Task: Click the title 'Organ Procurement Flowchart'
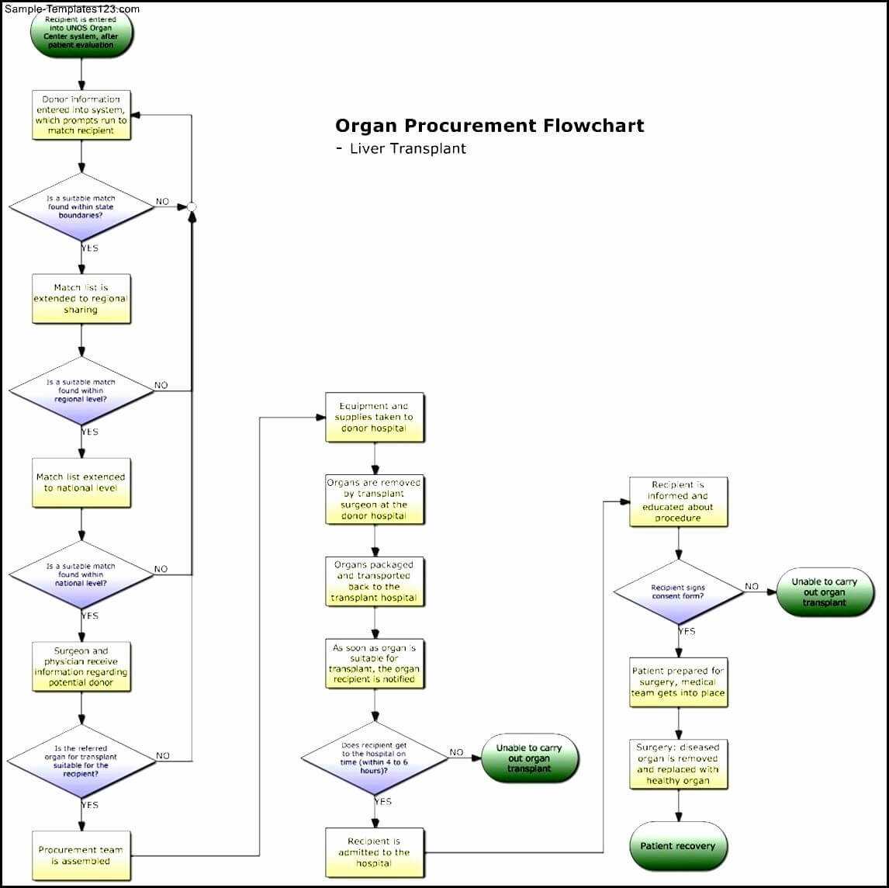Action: tap(489, 126)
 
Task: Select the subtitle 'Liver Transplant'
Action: tap(407, 148)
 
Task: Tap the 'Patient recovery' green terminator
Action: tap(678, 846)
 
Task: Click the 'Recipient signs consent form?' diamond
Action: tap(678, 592)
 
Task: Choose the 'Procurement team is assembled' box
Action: tap(81, 855)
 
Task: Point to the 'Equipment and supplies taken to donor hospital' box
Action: tap(375, 418)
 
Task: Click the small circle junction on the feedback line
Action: tap(192, 206)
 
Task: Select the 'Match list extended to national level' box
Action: tap(81, 483)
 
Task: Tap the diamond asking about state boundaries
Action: tap(81, 206)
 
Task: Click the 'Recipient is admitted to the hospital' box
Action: tap(375, 852)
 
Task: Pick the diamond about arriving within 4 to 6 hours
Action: tap(375, 757)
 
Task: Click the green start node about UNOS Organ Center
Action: tap(81, 33)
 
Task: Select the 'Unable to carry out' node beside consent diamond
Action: tap(825, 592)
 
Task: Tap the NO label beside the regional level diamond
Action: tap(161, 385)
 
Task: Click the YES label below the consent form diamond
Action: tap(687, 631)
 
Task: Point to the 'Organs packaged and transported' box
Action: tap(375, 581)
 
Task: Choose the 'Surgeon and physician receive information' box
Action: tap(81, 667)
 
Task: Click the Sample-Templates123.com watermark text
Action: tap(71, 9)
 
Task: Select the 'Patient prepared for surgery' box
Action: tap(678, 682)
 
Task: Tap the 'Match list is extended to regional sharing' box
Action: tap(81, 299)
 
